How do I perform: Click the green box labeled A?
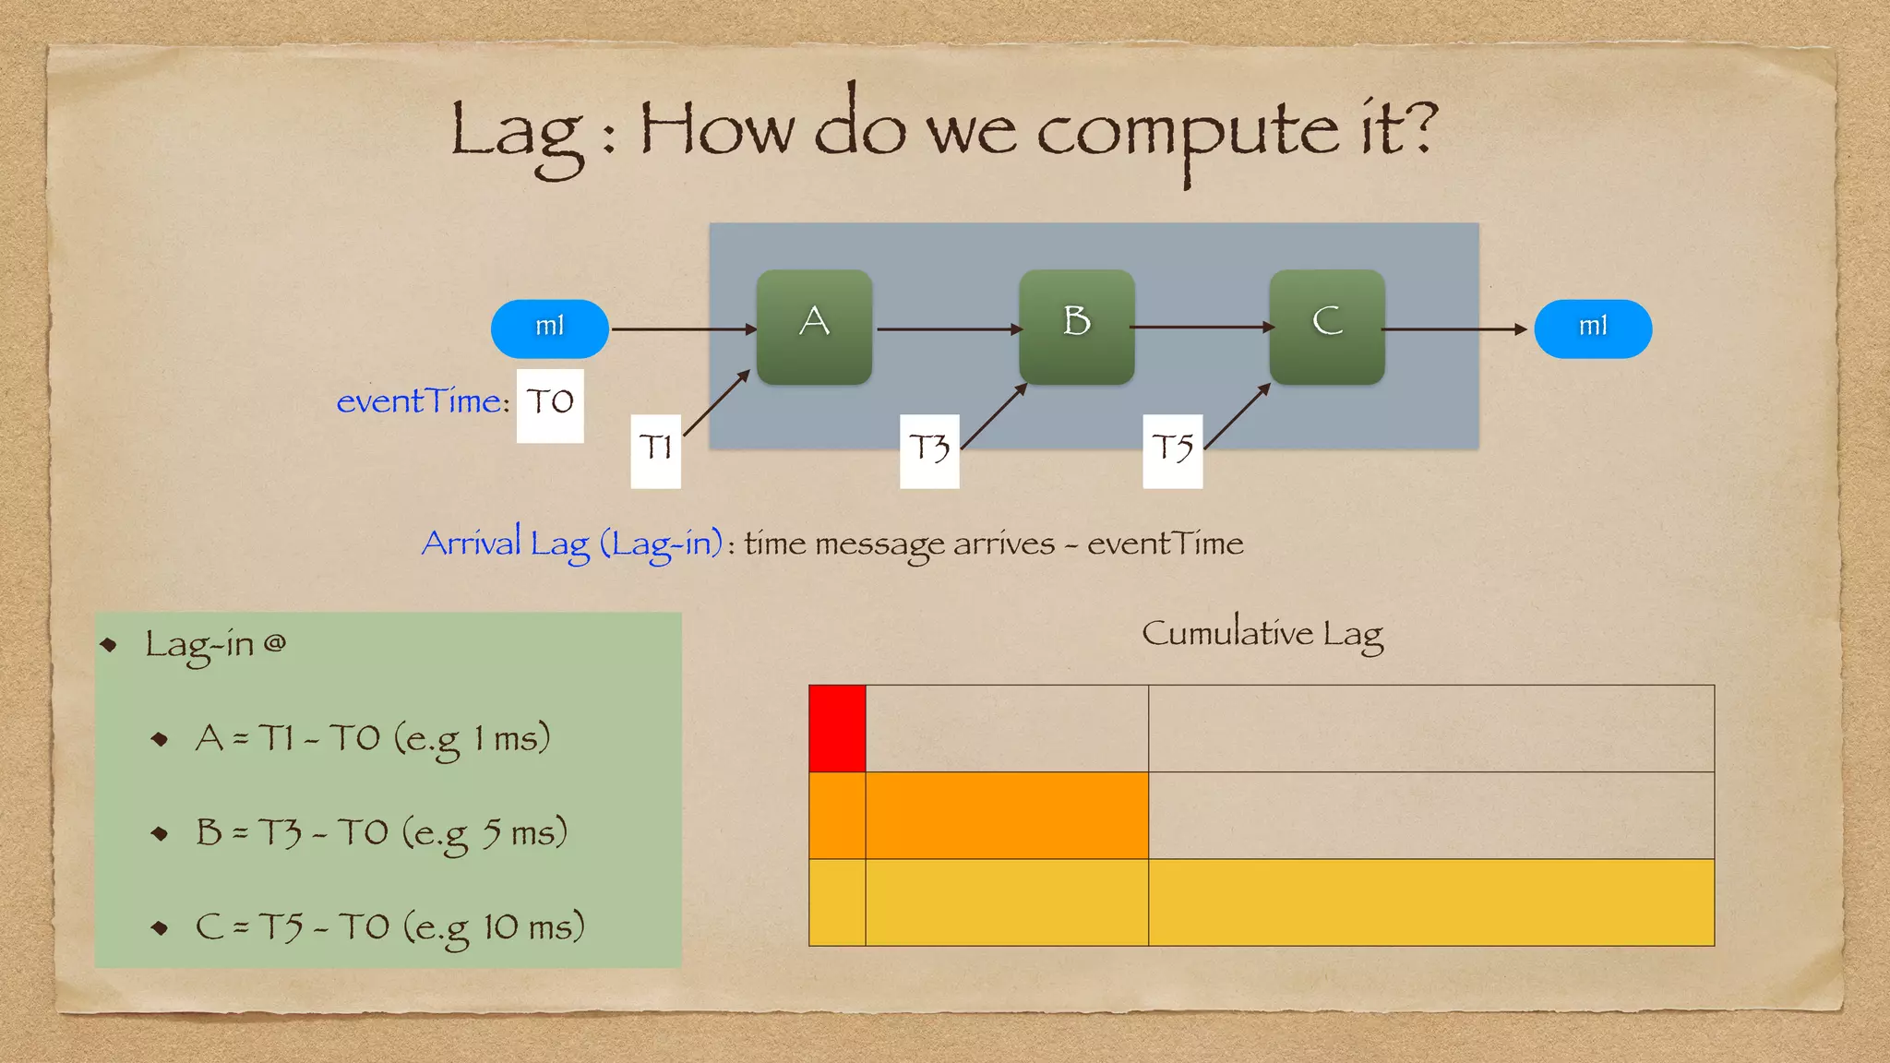814,327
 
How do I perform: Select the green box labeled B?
1076,327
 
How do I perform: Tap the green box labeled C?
1326,327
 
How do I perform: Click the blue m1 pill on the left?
549,328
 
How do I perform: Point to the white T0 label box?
550,405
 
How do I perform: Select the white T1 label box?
655,450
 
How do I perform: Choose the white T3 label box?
929,450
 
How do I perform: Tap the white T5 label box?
1172,450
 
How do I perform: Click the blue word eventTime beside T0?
419,402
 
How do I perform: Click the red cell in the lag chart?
837,728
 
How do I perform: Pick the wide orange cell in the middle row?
1007,816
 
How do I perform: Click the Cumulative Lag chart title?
1262,635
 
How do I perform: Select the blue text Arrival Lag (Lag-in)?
571,544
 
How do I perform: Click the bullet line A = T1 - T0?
373,739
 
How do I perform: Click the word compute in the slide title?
1187,134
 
